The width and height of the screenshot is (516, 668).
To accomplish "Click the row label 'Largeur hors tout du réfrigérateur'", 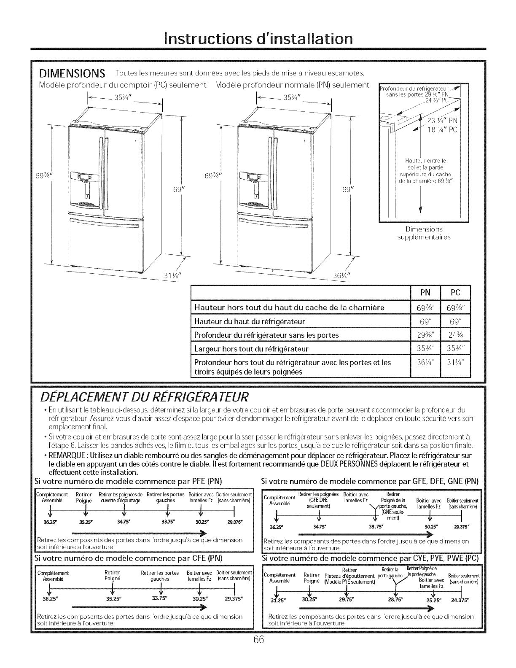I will [251, 349].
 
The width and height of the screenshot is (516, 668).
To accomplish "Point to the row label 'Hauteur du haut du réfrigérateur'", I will [250, 322].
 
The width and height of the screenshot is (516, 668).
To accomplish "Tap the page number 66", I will [258, 652].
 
